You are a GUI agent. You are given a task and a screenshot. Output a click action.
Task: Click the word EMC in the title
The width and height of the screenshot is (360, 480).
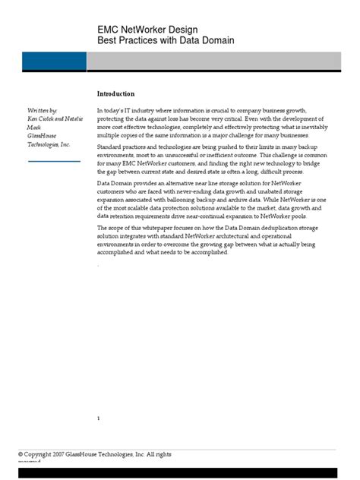(x=109, y=27)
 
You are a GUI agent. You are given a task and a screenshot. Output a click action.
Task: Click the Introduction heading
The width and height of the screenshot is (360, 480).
(x=115, y=93)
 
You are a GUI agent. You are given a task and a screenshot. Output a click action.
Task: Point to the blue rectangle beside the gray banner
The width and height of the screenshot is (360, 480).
(x=43, y=62)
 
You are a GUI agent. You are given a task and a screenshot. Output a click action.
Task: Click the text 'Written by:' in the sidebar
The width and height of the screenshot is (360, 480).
(x=42, y=111)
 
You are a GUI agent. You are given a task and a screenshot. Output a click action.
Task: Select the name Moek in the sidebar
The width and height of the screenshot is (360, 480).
(x=34, y=128)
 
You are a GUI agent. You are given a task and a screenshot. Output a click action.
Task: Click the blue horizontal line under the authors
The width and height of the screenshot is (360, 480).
(x=53, y=161)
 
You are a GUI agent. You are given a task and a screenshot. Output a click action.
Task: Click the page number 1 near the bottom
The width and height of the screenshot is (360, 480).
(x=99, y=418)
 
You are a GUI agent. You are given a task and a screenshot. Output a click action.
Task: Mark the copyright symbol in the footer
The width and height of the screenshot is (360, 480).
(x=21, y=454)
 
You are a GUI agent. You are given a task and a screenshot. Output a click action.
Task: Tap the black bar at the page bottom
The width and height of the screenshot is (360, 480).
(x=179, y=473)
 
